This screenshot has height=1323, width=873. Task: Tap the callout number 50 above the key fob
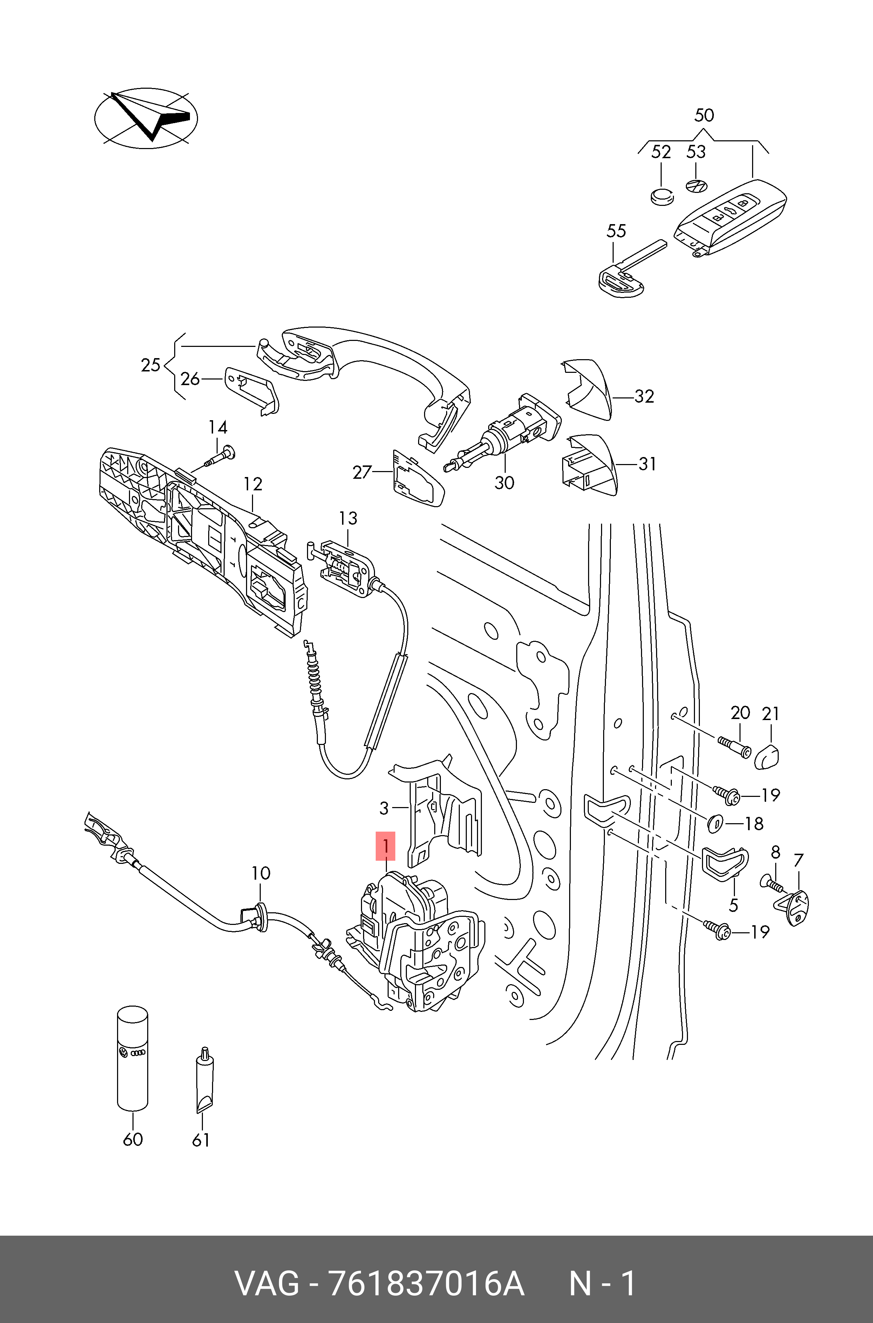click(704, 115)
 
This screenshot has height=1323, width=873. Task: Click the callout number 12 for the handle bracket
click(253, 484)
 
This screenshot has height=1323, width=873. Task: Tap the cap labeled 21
click(767, 755)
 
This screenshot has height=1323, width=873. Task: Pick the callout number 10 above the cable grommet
click(260, 873)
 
